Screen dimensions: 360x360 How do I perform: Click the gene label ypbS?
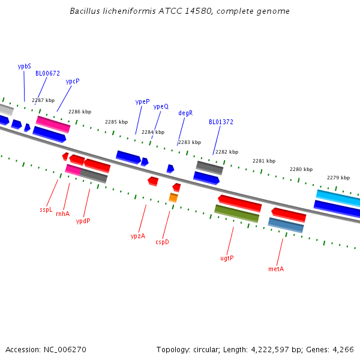24,67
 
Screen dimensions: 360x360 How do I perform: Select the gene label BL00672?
47,74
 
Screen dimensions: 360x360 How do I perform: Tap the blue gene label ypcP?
73,81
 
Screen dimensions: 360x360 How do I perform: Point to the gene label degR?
185,113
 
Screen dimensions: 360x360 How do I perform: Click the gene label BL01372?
221,122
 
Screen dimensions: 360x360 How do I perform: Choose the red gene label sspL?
46,210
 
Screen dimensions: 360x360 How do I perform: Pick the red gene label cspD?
162,242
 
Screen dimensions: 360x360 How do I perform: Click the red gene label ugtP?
227,258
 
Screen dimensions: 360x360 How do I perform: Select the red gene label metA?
276,269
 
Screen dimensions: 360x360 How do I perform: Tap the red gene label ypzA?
138,236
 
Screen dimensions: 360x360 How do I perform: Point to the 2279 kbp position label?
338,178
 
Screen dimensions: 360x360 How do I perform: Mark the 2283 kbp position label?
190,142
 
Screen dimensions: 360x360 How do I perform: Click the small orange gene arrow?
173,197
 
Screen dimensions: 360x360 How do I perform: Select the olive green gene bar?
237,213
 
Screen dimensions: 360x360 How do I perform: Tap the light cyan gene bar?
338,197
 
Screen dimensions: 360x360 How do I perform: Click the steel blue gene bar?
286,225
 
